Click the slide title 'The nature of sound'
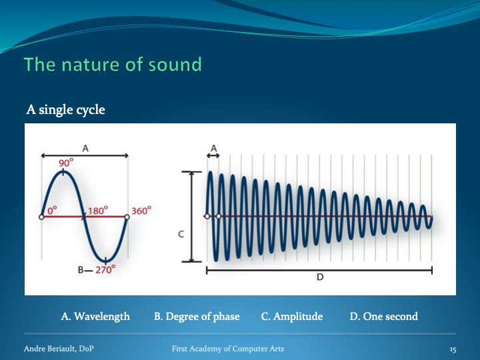tap(113, 64)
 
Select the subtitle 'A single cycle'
tap(65, 110)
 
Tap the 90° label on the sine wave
tap(66, 162)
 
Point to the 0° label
tap(52, 210)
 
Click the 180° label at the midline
tap(98, 211)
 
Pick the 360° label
tap(141, 211)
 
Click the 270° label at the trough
tap(105, 270)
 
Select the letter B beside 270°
tap(81, 270)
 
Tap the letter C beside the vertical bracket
tap(181, 235)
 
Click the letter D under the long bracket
tap(320, 277)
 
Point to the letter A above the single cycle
tap(85, 149)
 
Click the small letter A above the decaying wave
tap(214, 149)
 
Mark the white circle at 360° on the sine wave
tap(127, 217)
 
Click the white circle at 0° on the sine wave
tap(41, 217)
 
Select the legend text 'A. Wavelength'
tap(95, 316)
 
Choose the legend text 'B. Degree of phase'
tap(197, 316)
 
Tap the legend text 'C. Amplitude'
tap(292, 316)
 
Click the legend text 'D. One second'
tap(383, 316)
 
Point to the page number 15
tap(453, 349)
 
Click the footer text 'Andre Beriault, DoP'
tap(59, 349)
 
